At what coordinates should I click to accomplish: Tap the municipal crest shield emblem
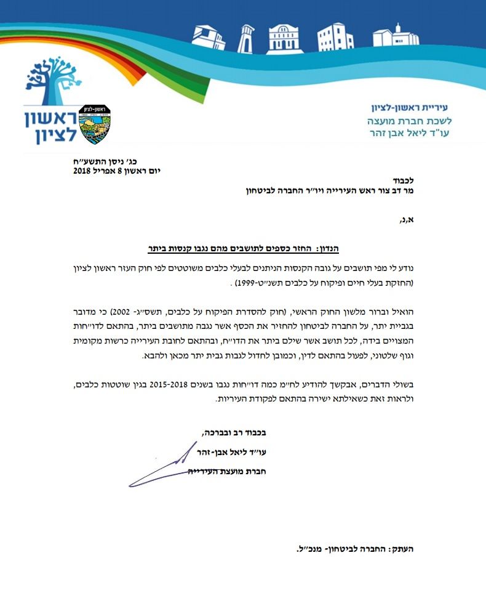96,124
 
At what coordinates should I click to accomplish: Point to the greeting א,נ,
406,217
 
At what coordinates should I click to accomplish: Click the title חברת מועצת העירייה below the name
228,472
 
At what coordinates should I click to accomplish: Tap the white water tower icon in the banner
246,39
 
